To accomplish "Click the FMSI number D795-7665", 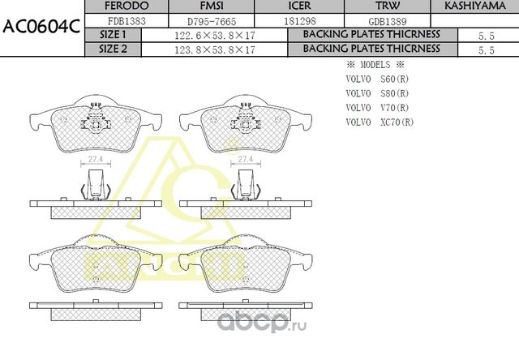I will pos(213,21).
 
